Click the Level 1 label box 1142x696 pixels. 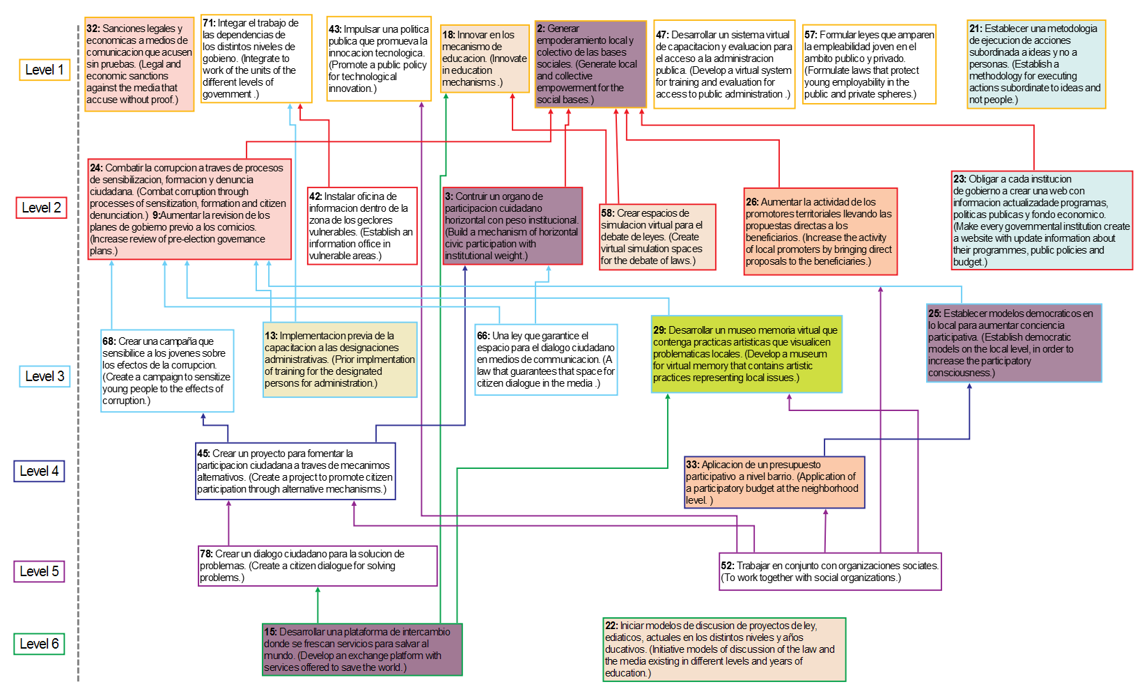[x=45, y=70]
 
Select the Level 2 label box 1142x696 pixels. [x=41, y=208]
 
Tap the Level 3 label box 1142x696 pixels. [x=45, y=376]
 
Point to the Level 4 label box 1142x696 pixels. [x=39, y=471]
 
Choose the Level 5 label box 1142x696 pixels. [x=39, y=571]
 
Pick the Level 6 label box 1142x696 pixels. [x=39, y=644]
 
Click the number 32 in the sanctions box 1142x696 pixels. [x=93, y=29]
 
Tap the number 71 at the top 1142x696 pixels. [x=209, y=23]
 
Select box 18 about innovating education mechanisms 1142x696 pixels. [x=485, y=59]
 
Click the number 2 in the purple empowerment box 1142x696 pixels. [x=541, y=29]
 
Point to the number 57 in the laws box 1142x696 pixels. [x=811, y=35]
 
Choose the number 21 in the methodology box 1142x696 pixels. [x=976, y=29]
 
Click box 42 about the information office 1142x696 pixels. [x=363, y=226]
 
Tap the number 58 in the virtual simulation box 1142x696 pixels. [x=608, y=213]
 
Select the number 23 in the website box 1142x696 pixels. [x=960, y=179]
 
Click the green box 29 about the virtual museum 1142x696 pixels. [x=746, y=354]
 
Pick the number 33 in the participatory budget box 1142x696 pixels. [x=692, y=465]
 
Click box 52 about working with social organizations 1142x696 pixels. [x=830, y=571]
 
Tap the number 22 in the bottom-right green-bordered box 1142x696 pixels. [x=611, y=626]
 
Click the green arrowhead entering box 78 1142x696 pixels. [x=318, y=590]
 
